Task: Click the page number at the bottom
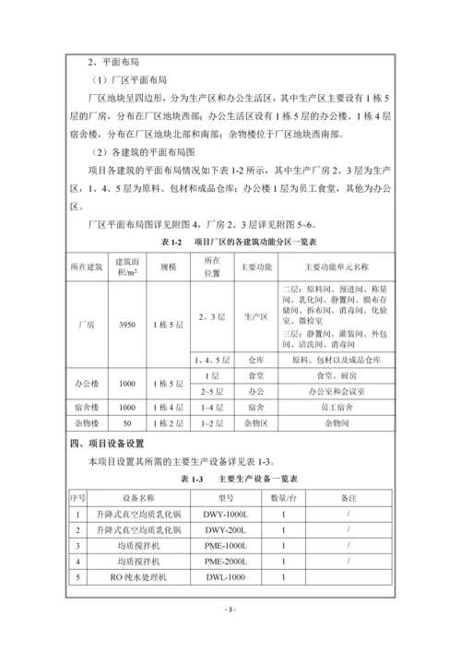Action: [230, 610]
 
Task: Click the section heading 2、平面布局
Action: [108, 63]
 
